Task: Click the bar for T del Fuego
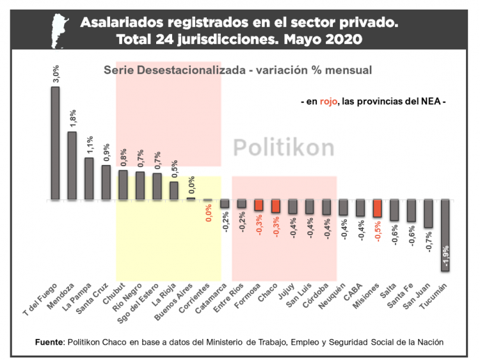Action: [x=56, y=144]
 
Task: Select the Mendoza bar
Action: [x=72, y=166]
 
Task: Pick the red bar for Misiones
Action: [x=378, y=208]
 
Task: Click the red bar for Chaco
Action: [x=276, y=206]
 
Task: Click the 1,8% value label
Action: [x=72, y=117]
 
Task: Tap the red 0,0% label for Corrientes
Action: [x=208, y=212]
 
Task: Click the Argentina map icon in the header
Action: [x=60, y=29]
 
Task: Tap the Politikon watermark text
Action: [x=283, y=148]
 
